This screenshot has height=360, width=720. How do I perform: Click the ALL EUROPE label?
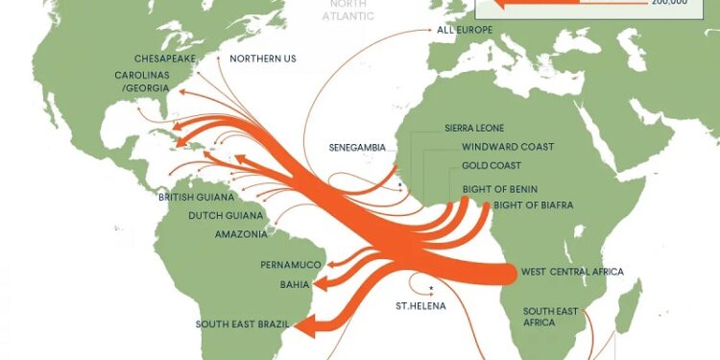(x=465, y=31)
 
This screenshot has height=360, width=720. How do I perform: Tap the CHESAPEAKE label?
(x=165, y=59)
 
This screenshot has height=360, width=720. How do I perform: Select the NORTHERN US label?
(x=262, y=59)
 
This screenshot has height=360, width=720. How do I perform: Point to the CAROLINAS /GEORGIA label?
(x=143, y=82)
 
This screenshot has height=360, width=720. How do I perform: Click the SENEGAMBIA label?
(x=357, y=148)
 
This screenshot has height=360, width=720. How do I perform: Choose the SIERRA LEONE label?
(x=474, y=128)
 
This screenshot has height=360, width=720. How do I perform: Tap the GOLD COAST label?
(x=491, y=166)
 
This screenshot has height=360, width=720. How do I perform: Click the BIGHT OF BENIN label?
(x=499, y=189)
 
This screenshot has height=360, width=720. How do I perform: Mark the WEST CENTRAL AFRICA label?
(x=572, y=273)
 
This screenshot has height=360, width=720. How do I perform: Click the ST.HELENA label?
(x=418, y=307)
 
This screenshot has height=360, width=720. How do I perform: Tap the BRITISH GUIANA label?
(x=195, y=197)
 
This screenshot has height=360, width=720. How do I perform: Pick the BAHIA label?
(x=294, y=285)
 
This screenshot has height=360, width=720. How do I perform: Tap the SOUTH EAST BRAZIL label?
(x=243, y=324)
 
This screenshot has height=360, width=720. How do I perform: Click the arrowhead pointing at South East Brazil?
(x=300, y=328)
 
